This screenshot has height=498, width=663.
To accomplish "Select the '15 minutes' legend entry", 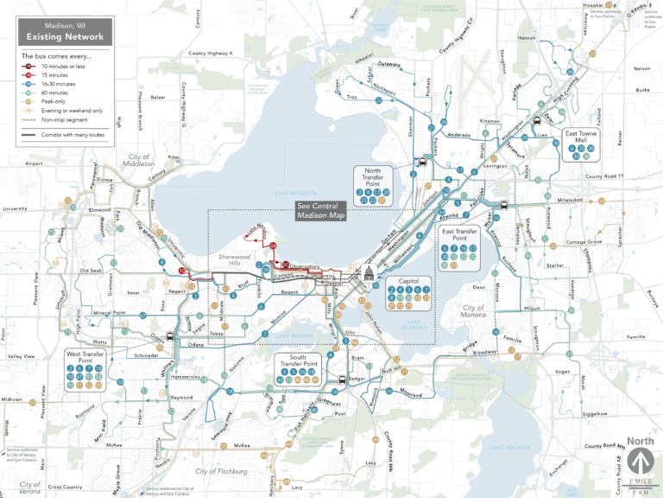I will coord(61,74).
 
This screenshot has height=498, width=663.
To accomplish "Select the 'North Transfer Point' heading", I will coord(373,176).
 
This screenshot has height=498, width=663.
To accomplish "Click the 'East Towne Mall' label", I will coord(584,133).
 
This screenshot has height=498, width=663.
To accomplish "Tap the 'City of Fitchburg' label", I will coord(221,471).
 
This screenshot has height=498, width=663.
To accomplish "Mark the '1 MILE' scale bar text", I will coord(640,482).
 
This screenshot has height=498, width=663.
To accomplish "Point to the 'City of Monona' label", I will coord(472,312).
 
